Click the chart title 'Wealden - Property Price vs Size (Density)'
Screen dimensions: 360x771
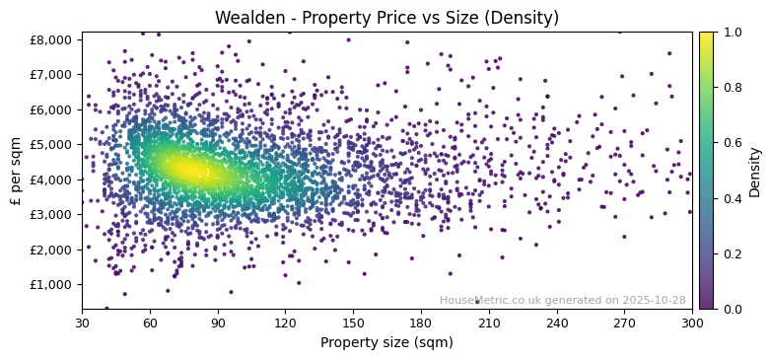386,18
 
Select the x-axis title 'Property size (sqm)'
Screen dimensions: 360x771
386,343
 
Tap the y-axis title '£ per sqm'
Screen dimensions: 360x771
16,171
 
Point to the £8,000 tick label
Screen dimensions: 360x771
52,39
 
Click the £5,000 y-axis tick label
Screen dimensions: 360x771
52,144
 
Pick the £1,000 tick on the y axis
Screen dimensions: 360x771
52,285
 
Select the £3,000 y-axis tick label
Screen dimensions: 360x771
52,215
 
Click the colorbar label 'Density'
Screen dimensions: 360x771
755,171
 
